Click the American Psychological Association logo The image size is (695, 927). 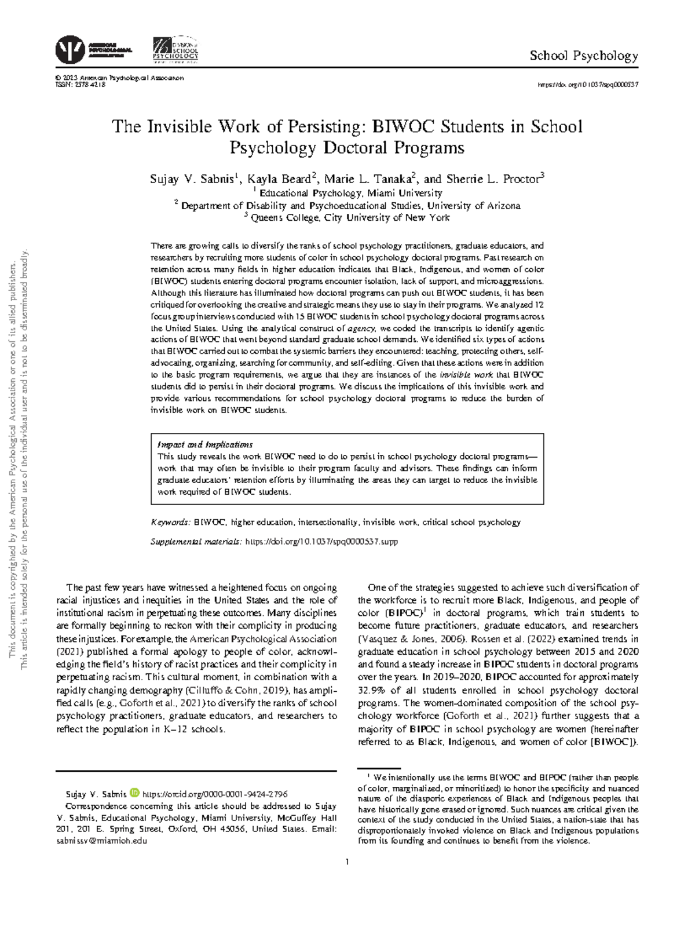[x=71, y=50]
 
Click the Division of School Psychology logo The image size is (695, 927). [x=175, y=50]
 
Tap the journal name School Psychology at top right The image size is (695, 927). [x=584, y=56]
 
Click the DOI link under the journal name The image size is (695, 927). [x=588, y=85]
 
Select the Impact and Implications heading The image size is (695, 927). [x=205, y=444]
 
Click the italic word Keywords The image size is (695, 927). [x=170, y=522]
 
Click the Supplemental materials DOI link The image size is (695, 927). [x=321, y=542]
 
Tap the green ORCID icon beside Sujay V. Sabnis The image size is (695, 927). [x=134, y=793]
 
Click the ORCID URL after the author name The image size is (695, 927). [x=215, y=794]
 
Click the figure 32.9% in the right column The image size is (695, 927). [x=371, y=690]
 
